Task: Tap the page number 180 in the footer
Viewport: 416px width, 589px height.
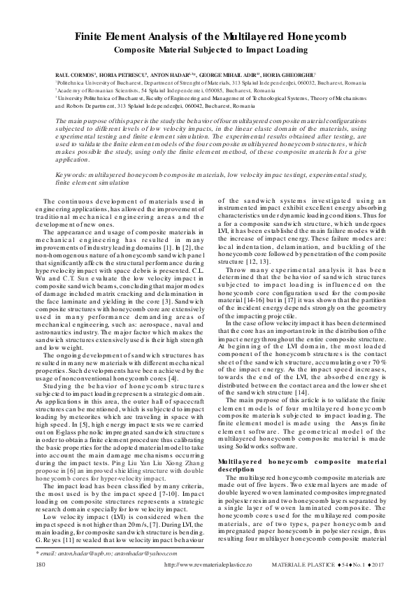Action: (40, 564)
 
